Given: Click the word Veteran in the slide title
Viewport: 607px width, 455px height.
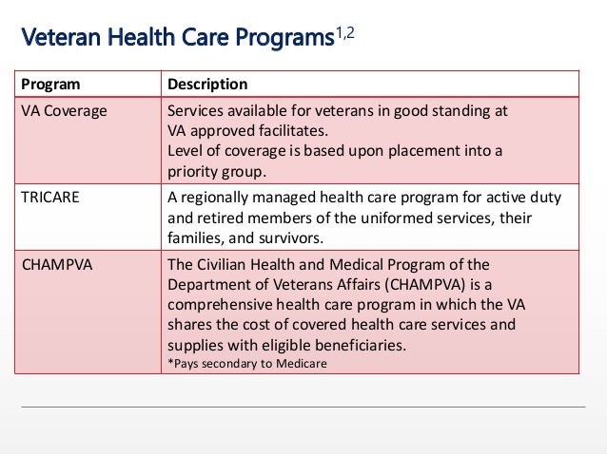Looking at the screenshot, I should coord(60,39).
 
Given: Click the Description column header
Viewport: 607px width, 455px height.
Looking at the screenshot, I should coord(207,85).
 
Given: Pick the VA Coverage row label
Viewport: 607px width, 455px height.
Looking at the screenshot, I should coord(64,111).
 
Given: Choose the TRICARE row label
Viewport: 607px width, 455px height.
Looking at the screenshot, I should coord(49,198).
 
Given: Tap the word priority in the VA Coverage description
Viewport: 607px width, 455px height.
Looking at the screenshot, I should coord(193,172).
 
